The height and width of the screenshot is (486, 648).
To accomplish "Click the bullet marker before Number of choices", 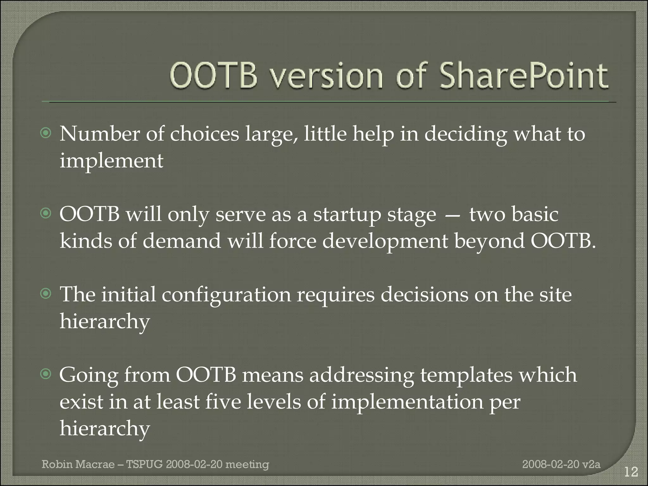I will (46, 134).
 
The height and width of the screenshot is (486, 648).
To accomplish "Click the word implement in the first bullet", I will (111, 161).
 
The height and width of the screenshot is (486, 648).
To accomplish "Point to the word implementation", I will (407, 402).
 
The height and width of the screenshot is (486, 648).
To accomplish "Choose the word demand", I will (182, 241).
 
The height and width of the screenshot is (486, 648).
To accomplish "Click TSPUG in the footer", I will (144, 464).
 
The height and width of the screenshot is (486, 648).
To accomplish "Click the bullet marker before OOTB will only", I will (46, 214).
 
